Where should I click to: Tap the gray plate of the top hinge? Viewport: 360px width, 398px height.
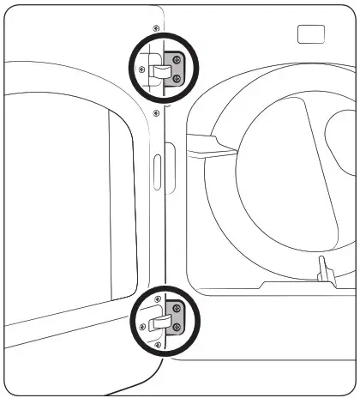coord(173,69)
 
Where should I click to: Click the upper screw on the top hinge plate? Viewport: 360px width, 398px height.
coord(176,59)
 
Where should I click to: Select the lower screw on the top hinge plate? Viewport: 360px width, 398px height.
coord(176,78)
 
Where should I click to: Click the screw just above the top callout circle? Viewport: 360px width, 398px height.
coord(155,28)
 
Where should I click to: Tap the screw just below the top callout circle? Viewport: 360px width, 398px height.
coord(155,111)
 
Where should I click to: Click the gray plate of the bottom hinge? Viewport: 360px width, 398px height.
coord(174,318)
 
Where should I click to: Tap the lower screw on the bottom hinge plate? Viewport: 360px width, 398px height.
coord(177,328)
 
